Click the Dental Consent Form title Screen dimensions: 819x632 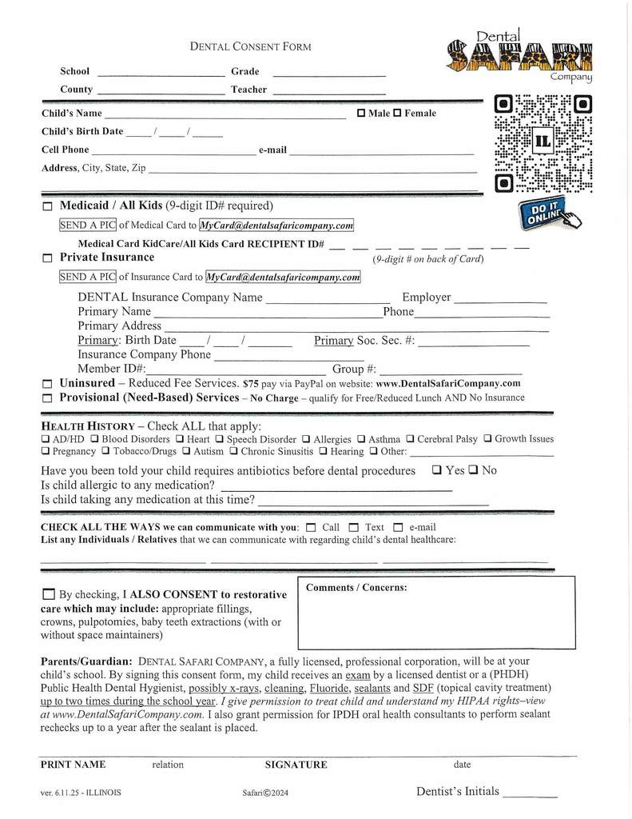tap(250, 46)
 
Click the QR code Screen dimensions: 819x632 tap(543, 144)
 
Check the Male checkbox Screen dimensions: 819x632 tap(361, 114)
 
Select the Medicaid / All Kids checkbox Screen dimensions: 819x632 tap(47, 207)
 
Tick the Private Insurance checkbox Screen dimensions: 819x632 tap(47, 258)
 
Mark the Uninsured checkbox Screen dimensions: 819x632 tap(47, 384)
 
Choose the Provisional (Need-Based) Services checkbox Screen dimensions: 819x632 tap(47, 398)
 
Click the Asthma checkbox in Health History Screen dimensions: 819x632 tap(362, 439)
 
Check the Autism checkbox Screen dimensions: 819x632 tap(186, 451)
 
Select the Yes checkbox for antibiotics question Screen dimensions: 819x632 tap(437, 470)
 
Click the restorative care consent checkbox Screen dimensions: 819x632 tap(48, 595)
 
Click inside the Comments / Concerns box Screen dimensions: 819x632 tap(436, 620)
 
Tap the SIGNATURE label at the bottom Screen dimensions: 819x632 tap(296, 765)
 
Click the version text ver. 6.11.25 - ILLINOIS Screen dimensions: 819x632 tap(81, 793)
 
